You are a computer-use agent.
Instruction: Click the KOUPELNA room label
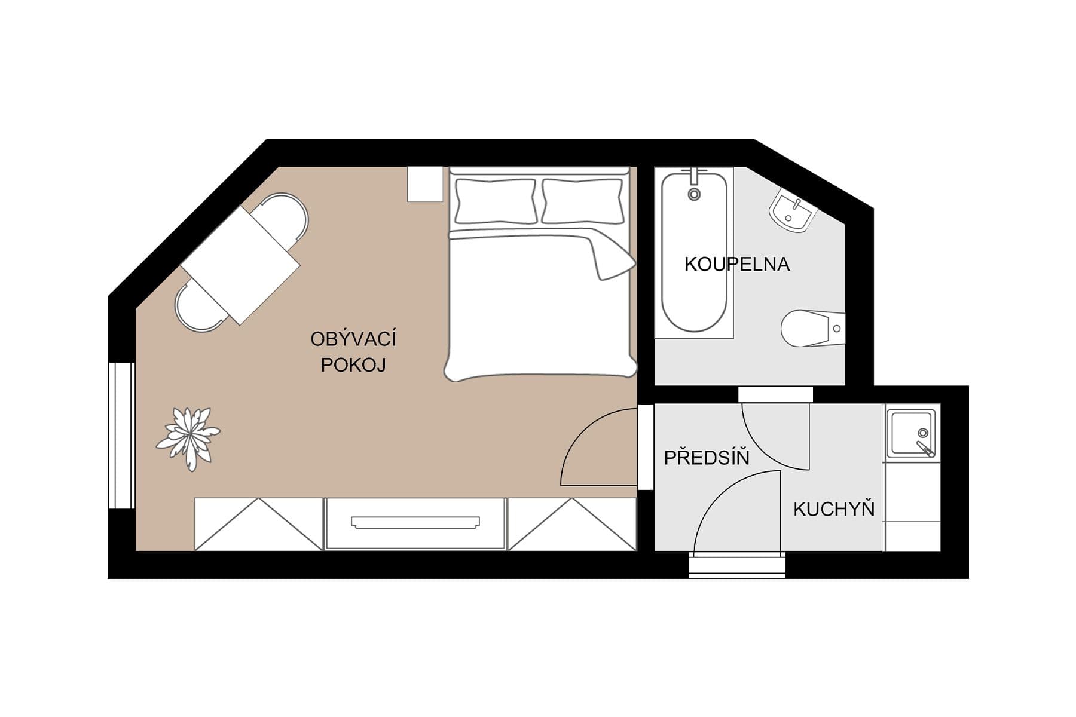click(x=736, y=264)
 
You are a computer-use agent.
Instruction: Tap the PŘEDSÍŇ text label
click(x=707, y=458)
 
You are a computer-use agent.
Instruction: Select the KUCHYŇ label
click(x=834, y=509)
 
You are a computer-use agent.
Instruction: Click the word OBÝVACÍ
click(x=353, y=339)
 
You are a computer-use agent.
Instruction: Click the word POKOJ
click(x=353, y=365)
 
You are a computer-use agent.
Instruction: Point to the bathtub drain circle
click(x=694, y=194)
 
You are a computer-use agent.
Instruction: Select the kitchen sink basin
click(x=910, y=433)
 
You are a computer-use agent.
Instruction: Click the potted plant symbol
click(x=188, y=438)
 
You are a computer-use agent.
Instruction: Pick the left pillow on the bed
click(x=495, y=201)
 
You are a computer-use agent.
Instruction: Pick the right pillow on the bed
click(x=583, y=201)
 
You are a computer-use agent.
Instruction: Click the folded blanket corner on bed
click(x=613, y=258)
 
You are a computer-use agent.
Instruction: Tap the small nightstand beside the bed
click(x=425, y=184)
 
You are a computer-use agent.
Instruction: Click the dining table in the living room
click(x=240, y=265)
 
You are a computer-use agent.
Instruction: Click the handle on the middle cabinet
click(x=415, y=523)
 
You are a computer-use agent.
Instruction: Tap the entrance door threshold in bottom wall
click(x=736, y=565)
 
